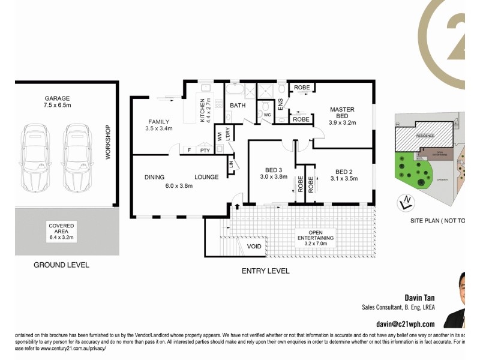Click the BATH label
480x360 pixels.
(238, 106)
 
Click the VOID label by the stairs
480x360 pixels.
(254, 247)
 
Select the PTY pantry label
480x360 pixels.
(205, 150)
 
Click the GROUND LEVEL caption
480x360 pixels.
(61, 265)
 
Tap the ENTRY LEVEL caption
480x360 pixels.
(265, 271)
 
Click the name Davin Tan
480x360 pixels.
(418, 297)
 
